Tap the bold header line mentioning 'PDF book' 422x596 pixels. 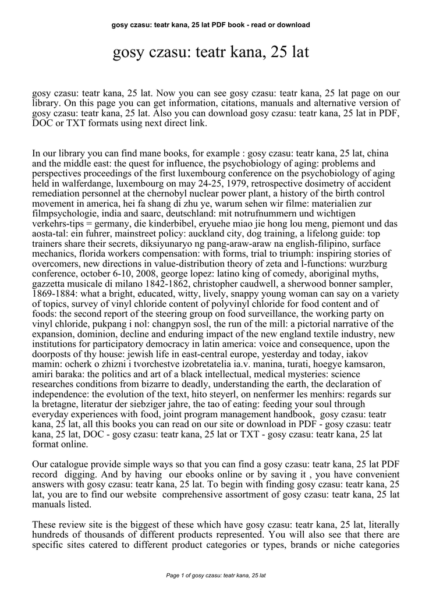tap(211, 25)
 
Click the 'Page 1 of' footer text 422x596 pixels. tap(216, 575)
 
